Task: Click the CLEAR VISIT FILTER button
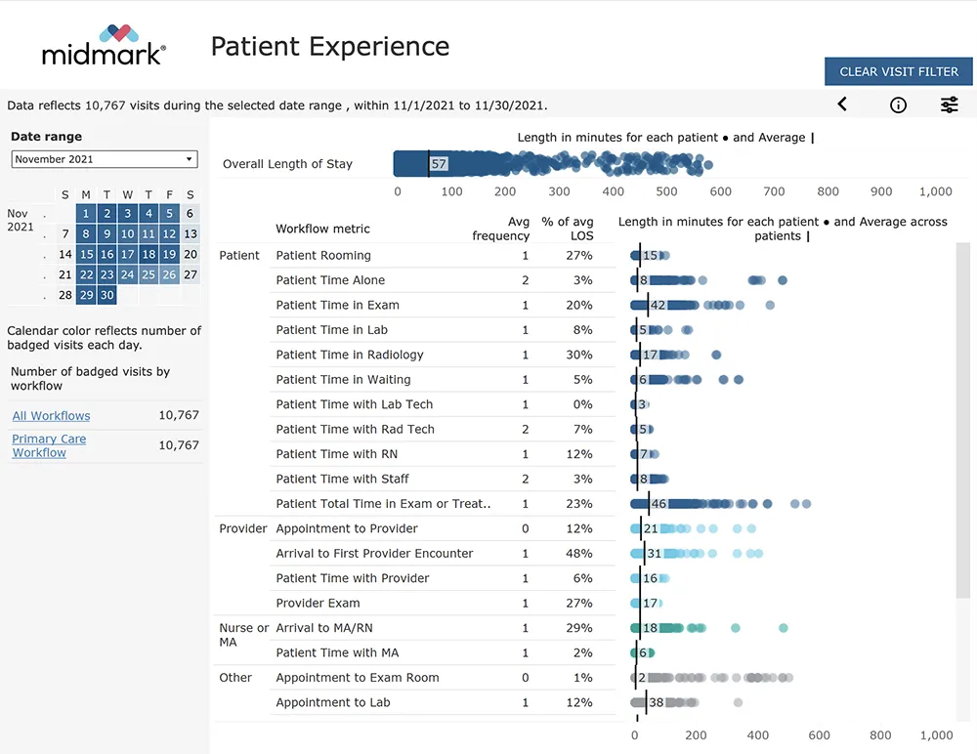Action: [x=899, y=71]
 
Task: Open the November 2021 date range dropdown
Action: [x=105, y=159]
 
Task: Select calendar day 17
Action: [x=128, y=254]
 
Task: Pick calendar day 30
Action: [x=107, y=295]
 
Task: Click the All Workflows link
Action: [x=51, y=416]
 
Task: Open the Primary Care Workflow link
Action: [x=49, y=445]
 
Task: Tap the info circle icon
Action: [x=898, y=105]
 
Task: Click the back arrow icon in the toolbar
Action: [x=842, y=105]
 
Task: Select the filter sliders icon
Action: [x=949, y=105]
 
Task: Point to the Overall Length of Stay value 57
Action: [x=440, y=164]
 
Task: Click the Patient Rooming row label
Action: [x=323, y=256]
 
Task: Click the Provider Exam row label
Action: [x=318, y=604]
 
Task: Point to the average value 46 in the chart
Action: [x=658, y=504]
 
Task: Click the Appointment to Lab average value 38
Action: [x=657, y=702]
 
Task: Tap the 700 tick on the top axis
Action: [x=774, y=192]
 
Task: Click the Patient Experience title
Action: [x=330, y=46]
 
